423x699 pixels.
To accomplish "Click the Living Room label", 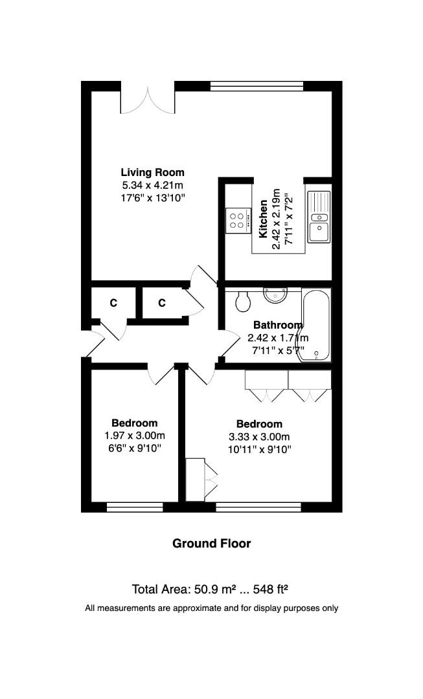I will coord(152,172).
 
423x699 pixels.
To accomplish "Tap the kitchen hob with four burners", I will coord(237,221).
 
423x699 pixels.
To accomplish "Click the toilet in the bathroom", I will coord(244,301).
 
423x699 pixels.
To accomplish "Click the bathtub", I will coord(317,326).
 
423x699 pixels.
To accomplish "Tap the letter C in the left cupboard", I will coord(113,303).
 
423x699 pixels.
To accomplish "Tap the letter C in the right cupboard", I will coord(162,303).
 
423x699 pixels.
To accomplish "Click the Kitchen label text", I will coord(264,220).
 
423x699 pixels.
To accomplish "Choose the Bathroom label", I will coord(277,325).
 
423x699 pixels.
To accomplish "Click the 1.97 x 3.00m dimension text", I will coord(135,436).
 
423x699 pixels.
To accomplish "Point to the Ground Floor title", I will coord(211,544).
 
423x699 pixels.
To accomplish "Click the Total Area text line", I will coord(210,589).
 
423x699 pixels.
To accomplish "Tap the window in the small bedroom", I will coord(135,507).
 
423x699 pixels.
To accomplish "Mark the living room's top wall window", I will coord(257,85).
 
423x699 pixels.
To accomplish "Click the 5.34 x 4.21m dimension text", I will coord(152,184).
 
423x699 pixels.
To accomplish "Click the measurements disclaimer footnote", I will coord(211,608).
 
